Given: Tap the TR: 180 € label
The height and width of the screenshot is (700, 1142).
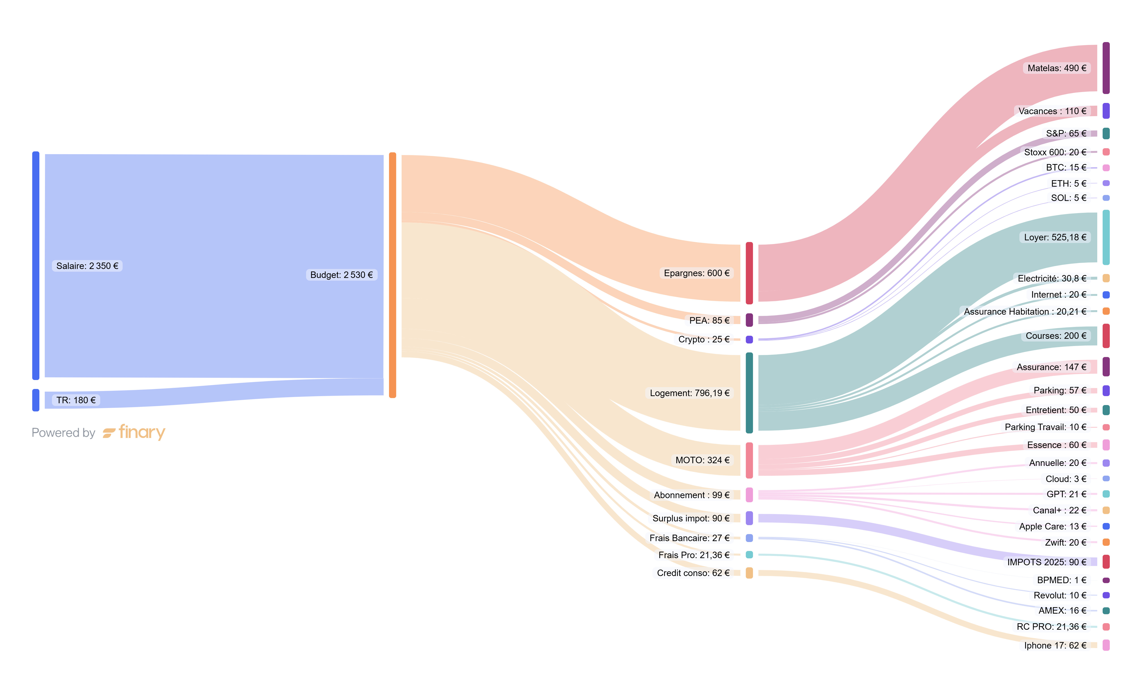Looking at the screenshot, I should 76,400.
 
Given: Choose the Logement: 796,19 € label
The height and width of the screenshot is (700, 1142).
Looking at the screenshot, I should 689,393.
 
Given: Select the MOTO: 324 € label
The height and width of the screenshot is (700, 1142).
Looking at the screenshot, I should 702,460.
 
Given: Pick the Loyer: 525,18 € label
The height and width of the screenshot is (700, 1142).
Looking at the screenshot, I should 1055,237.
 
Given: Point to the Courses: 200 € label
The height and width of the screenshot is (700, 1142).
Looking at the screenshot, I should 1056,336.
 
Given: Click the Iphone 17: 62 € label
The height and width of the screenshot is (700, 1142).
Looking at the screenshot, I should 1055,645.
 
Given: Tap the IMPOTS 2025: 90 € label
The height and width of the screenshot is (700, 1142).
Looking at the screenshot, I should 1046,562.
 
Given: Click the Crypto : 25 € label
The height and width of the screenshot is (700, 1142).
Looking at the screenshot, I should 703,339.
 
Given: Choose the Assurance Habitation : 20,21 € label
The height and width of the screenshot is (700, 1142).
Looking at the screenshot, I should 1025,312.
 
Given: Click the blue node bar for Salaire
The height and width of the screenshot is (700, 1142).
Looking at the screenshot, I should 36,266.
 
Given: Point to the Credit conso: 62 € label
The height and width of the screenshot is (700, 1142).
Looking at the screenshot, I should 693,573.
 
